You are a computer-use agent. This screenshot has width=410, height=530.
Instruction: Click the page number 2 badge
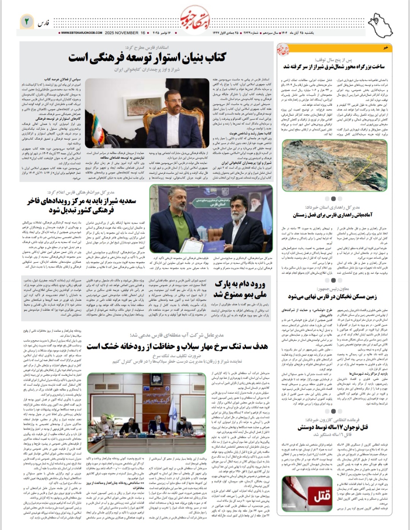click(27, 22)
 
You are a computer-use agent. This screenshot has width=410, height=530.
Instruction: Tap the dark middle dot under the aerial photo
click(333, 198)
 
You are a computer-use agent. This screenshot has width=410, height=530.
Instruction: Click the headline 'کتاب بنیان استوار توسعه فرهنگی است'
click(147, 57)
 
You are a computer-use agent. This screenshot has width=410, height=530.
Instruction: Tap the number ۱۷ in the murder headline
click(340, 427)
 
